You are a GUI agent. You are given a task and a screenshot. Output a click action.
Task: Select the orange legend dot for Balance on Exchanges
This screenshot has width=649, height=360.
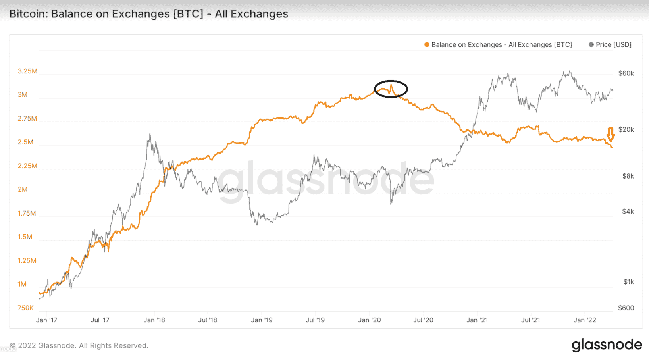click(x=427, y=45)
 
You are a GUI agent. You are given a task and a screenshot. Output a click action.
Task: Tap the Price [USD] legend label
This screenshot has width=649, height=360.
click(x=613, y=45)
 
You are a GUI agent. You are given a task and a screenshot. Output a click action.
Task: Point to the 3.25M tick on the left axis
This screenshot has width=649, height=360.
click(x=27, y=71)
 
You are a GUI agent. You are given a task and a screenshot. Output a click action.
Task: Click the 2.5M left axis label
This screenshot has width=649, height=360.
click(x=25, y=142)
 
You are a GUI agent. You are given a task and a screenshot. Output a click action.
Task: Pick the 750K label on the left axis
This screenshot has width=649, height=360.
click(x=25, y=308)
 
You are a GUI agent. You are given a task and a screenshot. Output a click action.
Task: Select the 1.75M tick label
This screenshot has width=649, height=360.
click(x=27, y=214)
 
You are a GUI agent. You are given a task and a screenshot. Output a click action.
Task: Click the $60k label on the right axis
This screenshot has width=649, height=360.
click(x=626, y=73)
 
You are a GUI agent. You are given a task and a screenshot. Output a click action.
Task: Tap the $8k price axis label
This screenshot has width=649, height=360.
click(x=628, y=176)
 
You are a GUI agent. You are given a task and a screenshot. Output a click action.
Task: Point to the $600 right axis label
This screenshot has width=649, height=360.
click(x=626, y=308)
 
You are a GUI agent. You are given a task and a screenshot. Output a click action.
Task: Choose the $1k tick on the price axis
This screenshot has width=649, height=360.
click(x=629, y=282)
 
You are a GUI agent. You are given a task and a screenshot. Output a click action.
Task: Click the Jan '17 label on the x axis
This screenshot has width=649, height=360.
click(x=47, y=320)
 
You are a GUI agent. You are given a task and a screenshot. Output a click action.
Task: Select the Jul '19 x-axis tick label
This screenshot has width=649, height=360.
click(x=315, y=320)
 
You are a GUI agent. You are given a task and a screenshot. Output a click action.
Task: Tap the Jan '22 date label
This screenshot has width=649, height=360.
click(x=585, y=320)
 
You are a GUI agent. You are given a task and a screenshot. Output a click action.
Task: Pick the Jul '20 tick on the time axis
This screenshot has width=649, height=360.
click(x=423, y=320)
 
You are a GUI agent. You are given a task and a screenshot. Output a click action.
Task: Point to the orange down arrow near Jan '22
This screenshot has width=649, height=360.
click(x=610, y=135)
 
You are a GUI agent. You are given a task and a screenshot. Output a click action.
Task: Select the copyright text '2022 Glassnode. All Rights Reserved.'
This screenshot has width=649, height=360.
click(x=83, y=346)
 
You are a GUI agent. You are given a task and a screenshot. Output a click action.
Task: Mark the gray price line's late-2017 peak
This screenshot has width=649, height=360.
click(x=150, y=134)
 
